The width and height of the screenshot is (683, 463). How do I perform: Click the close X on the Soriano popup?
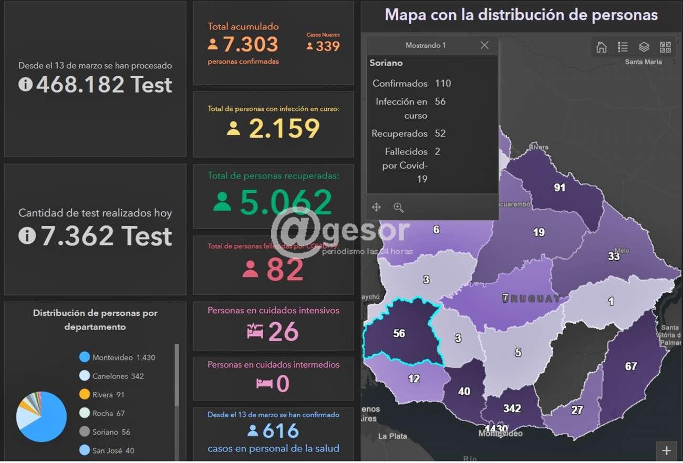(x=484, y=45)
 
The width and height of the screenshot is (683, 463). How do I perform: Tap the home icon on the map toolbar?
(x=602, y=47)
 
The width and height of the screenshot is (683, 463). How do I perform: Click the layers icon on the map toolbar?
(x=644, y=47)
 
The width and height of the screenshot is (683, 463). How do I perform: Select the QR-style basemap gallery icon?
(x=665, y=47)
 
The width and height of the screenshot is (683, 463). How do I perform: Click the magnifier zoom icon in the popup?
(x=399, y=208)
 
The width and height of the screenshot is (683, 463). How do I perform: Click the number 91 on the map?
(x=560, y=188)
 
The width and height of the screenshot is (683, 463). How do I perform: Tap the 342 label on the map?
(x=512, y=408)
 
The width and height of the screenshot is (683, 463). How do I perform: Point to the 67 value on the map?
(x=631, y=366)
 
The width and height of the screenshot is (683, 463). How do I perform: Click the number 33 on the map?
(x=614, y=256)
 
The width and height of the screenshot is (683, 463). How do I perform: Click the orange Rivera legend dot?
(x=85, y=395)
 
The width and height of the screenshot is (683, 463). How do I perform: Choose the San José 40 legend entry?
(x=113, y=450)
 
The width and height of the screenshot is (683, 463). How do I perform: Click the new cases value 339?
(x=328, y=46)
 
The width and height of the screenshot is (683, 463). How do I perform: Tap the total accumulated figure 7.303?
(x=251, y=44)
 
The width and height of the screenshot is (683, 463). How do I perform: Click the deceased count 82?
(x=285, y=270)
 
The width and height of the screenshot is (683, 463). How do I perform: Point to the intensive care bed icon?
(x=255, y=331)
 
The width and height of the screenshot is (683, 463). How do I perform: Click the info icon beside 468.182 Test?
(x=25, y=84)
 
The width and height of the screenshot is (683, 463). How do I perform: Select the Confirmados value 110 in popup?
(x=443, y=84)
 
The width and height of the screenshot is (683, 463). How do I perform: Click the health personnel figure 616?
(x=281, y=431)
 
